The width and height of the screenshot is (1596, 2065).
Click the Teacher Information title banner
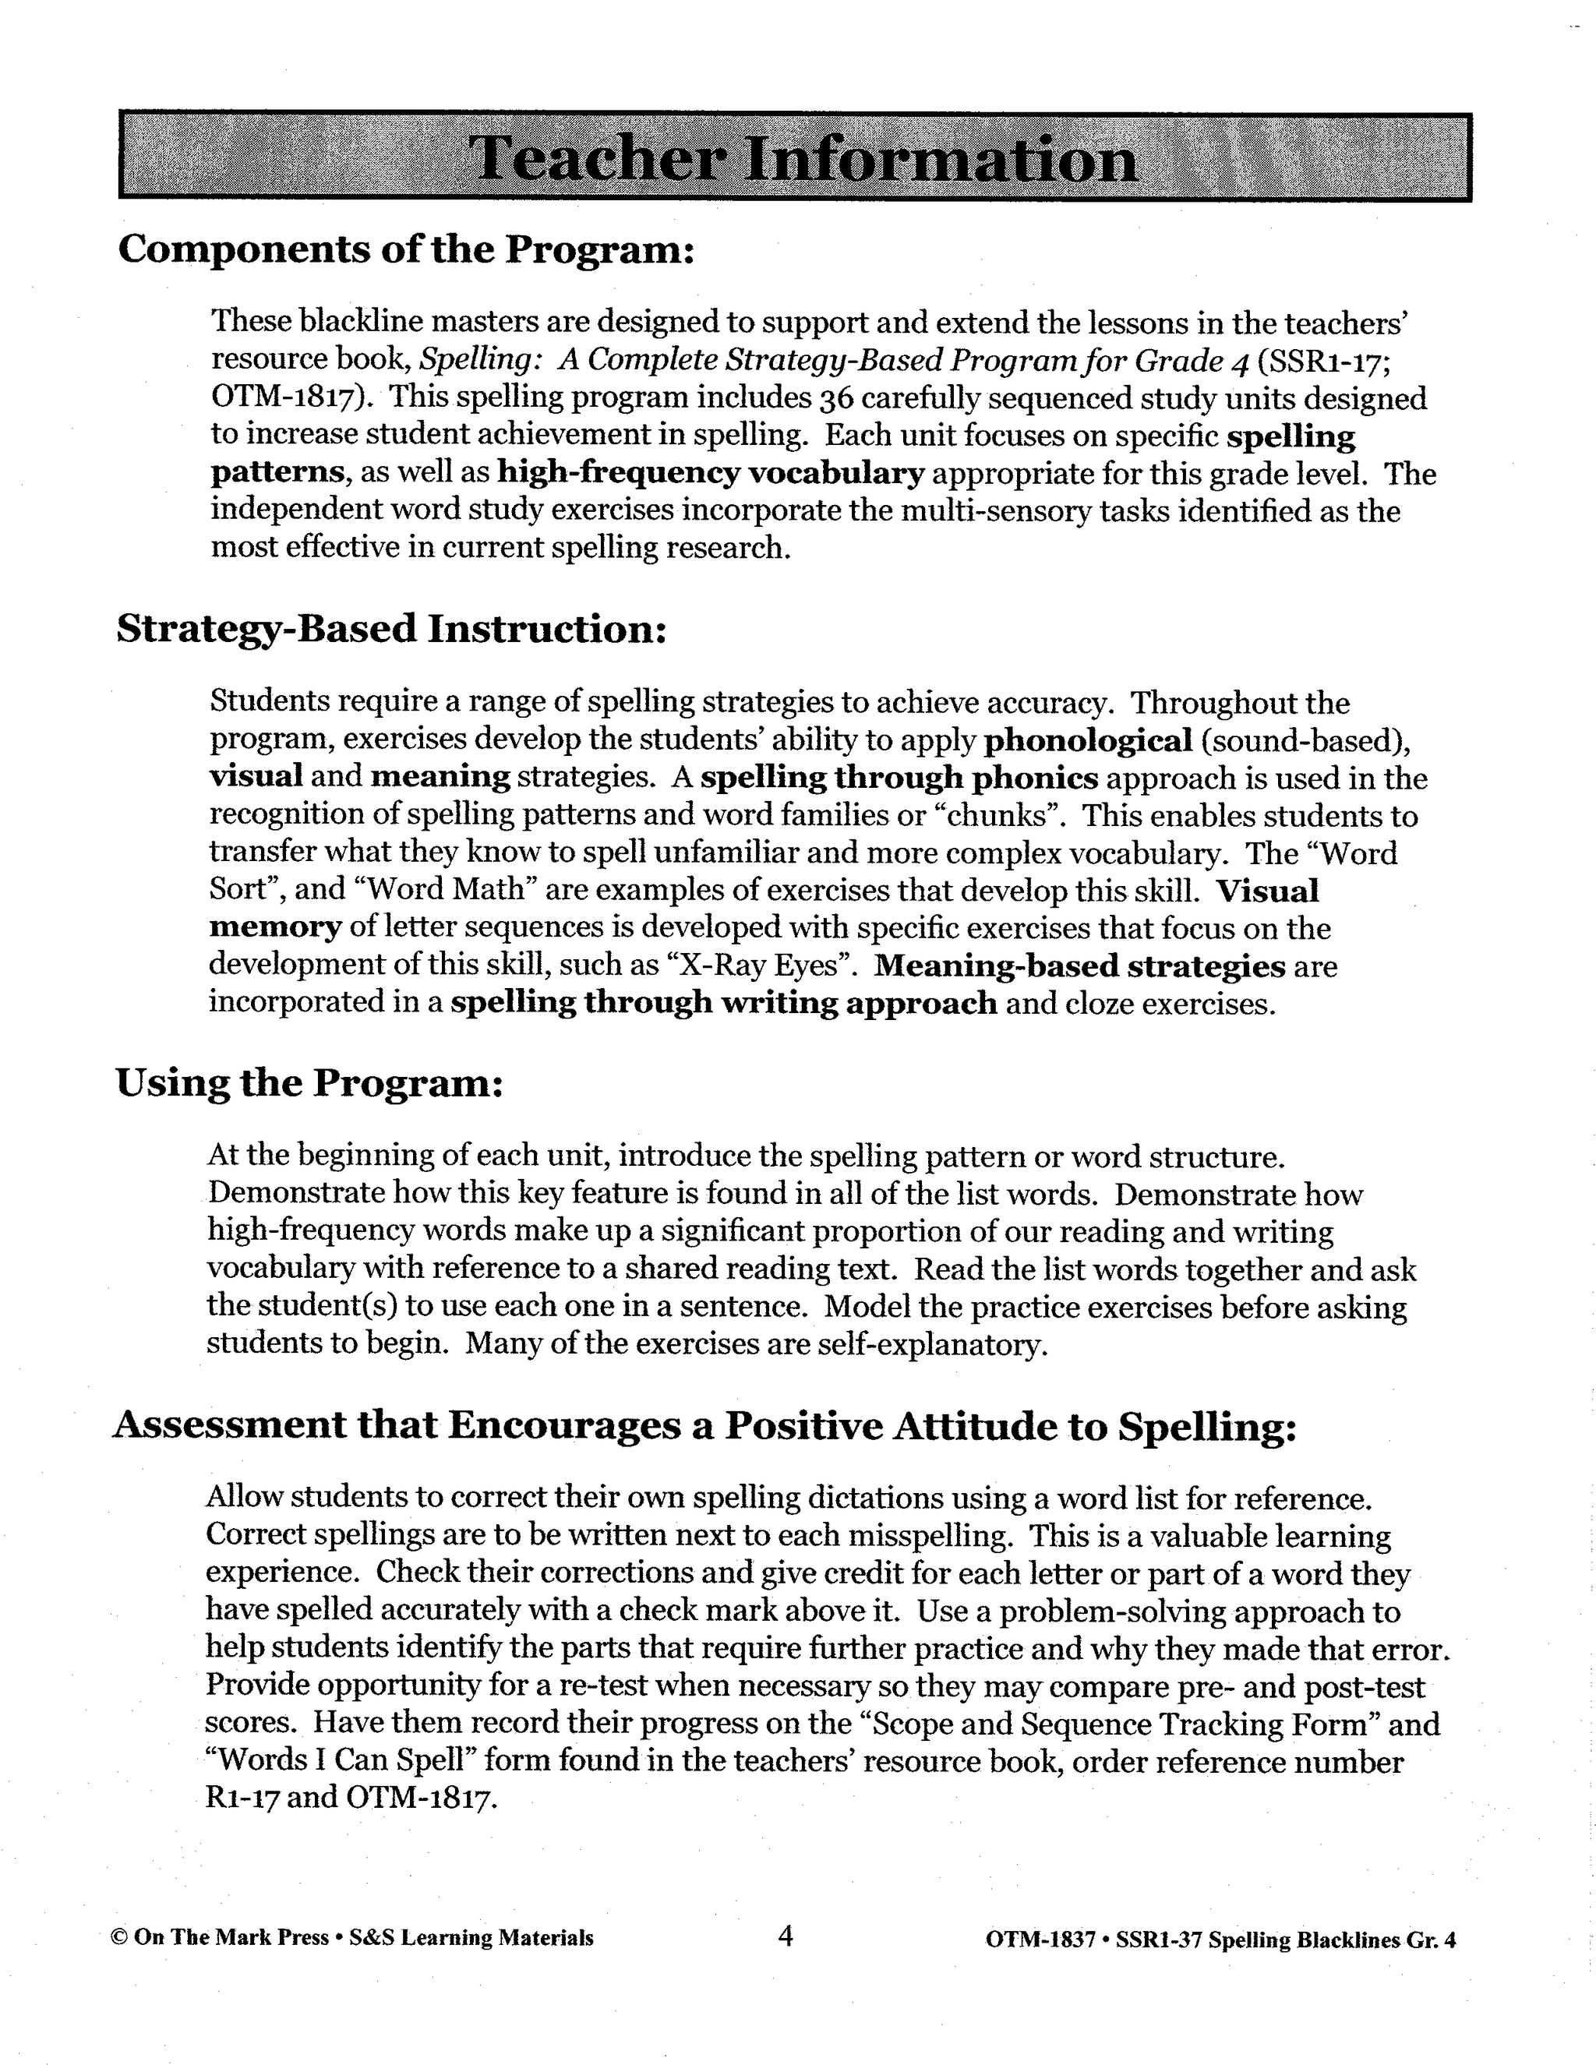[795, 157]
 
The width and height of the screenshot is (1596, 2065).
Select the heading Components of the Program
[407, 249]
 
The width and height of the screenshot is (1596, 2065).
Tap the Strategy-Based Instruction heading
[391, 629]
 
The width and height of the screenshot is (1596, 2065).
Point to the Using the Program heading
[309, 1082]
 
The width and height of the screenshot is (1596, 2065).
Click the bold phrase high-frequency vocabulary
[710, 473]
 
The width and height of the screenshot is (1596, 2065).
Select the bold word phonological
[1088, 740]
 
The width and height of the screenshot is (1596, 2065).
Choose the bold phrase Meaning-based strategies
[1080, 965]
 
